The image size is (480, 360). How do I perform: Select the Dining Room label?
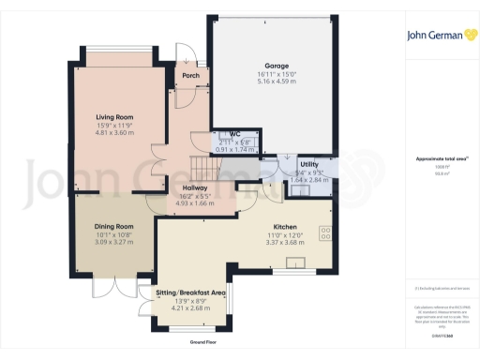[114, 226]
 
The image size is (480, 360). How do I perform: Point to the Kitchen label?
[285, 227]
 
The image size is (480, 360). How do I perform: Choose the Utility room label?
[309, 164]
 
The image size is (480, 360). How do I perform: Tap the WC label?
[223, 135]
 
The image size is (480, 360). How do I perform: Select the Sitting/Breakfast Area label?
[191, 292]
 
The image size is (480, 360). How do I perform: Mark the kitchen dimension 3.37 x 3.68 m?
[285, 243]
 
